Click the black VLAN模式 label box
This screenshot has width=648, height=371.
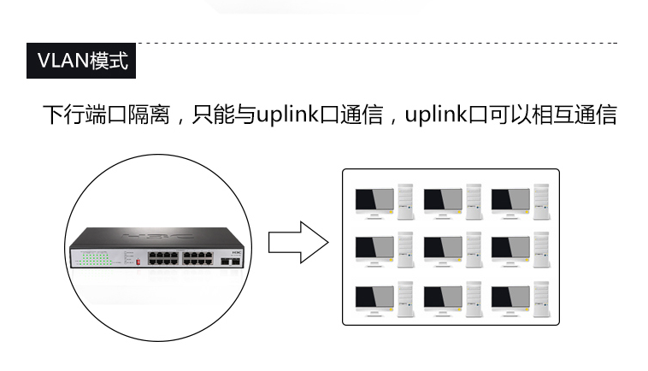(82, 61)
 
